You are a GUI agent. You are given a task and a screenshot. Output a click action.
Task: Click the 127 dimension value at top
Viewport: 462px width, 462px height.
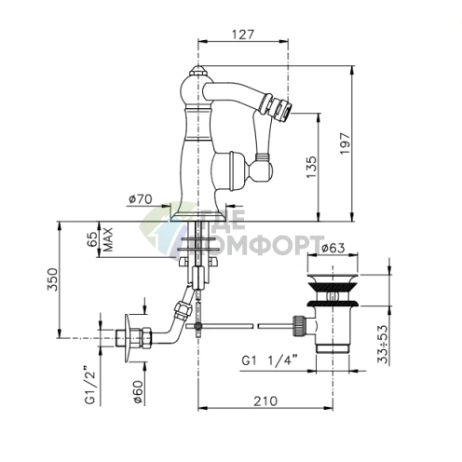click(243, 34)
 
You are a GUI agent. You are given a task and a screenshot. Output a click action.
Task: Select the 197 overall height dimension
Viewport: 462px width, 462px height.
click(345, 143)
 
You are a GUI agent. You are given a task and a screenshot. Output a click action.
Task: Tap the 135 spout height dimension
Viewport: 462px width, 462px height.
click(312, 167)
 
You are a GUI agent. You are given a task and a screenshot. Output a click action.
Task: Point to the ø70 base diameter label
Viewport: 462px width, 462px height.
click(141, 199)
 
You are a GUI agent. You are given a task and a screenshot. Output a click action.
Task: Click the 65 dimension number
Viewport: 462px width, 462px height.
click(92, 239)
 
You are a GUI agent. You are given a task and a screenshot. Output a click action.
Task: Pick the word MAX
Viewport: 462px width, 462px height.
click(108, 239)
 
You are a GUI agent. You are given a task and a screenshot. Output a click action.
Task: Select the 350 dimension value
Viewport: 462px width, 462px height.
click(52, 279)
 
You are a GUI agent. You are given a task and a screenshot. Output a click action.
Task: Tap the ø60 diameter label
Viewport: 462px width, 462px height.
click(138, 392)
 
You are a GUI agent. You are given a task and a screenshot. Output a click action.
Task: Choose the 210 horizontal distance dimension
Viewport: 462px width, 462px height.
click(265, 401)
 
